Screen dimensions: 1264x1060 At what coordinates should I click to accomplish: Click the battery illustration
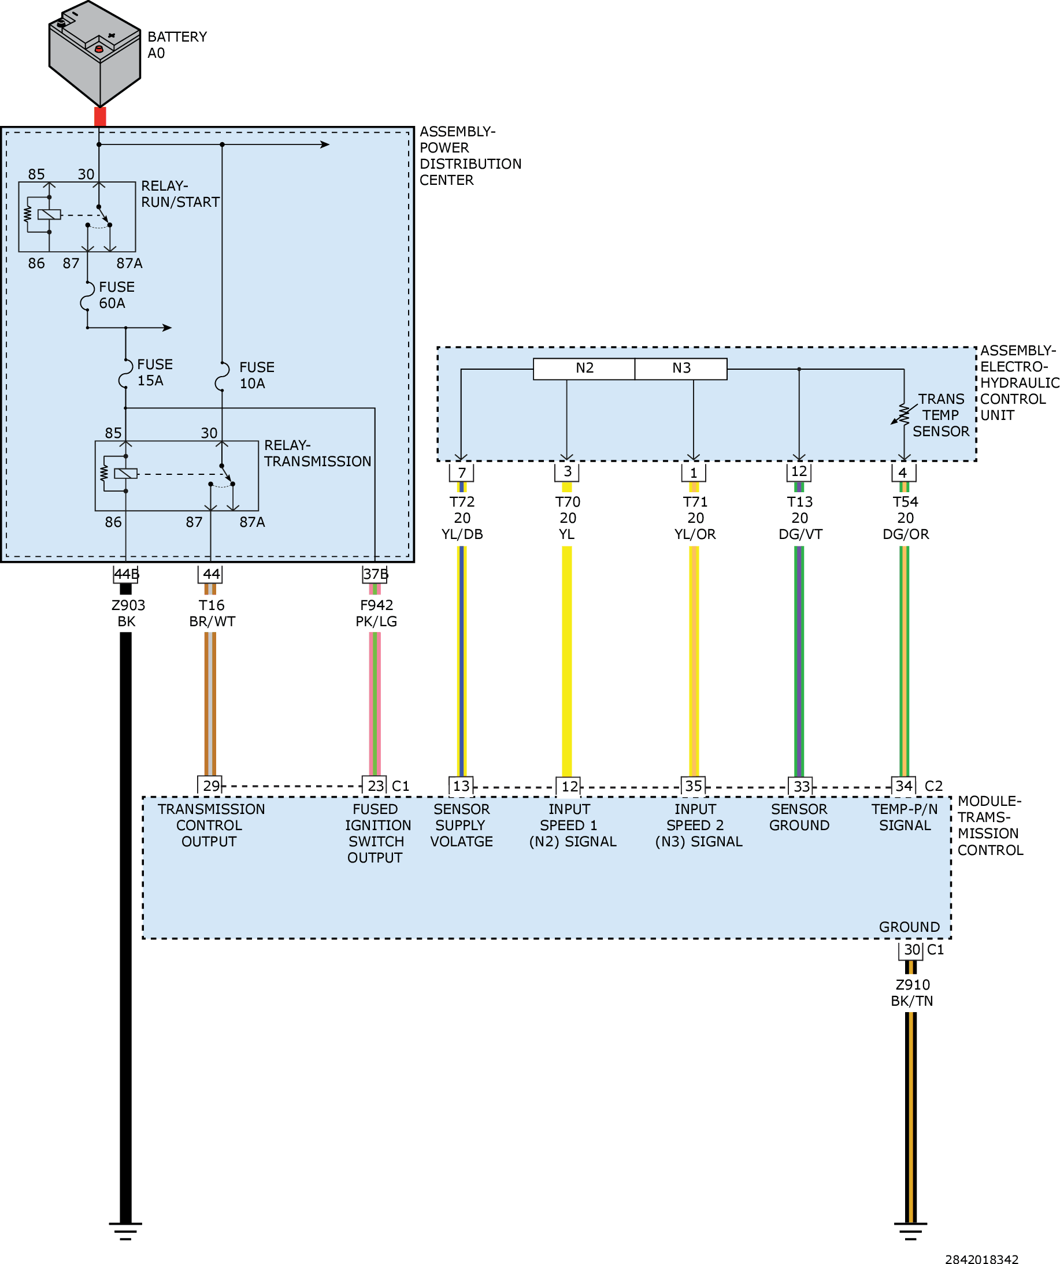[x=95, y=53]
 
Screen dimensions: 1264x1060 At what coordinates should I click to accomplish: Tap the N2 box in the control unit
[x=584, y=369]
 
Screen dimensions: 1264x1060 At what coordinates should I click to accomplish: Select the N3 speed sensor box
[x=681, y=369]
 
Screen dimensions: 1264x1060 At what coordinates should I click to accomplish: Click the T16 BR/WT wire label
[x=212, y=614]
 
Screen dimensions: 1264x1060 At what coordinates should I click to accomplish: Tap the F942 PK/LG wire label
[x=376, y=614]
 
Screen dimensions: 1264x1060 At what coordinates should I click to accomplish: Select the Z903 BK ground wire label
[x=128, y=614]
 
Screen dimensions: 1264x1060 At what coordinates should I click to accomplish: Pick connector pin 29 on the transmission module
[x=210, y=786]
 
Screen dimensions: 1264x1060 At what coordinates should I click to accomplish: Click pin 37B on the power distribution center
[x=375, y=574]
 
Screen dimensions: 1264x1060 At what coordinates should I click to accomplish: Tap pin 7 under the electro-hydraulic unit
[x=462, y=473]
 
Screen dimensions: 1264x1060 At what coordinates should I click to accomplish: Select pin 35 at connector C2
[x=693, y=786]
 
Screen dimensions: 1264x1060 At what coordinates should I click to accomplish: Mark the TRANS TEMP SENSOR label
[x=941, y=415]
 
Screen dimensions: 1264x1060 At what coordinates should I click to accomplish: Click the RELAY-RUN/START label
[x=180, y=194]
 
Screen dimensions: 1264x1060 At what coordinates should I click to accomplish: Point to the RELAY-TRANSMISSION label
[x=317, y=453]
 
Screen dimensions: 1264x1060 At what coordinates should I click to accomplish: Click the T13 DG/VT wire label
[x=800, y=518]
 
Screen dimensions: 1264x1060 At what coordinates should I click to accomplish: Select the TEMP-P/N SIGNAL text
[x=905, y=817]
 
